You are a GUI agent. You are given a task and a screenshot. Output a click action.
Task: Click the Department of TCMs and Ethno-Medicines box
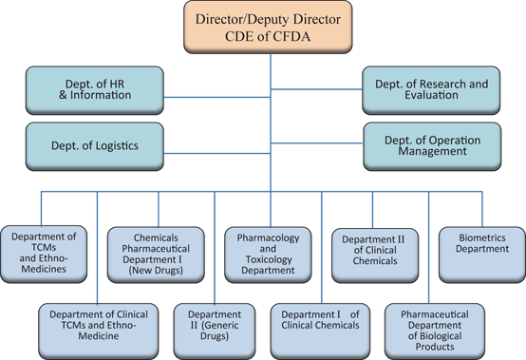pos(45,252)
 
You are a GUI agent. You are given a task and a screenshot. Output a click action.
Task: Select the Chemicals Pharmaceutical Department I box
pos(155,252)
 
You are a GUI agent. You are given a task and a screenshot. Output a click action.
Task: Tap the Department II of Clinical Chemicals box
pos(373,251)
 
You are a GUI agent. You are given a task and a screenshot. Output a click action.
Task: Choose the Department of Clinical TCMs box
pos(93,325)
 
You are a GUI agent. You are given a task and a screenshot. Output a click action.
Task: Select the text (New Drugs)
pos(155,271)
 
